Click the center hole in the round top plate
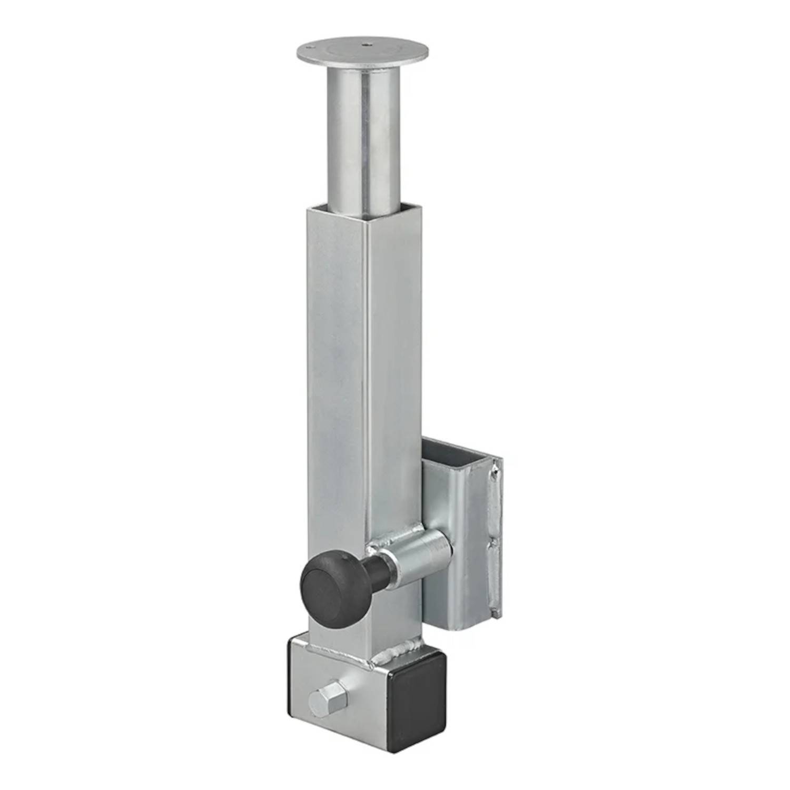tap(364, 45)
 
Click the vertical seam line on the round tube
tap(363, 147)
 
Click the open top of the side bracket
tap(456, 453)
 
